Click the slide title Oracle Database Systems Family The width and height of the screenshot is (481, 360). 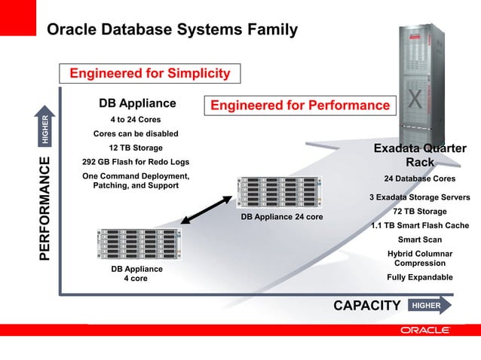pyautogui.click(x=172, y=30)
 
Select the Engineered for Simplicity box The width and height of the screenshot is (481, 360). pyautogui.click(x=149, y=73)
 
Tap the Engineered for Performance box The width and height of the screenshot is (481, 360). pyautogui.click(x=299, y=105)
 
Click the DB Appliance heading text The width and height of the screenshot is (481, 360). pyautogui.click(x=137, y=103)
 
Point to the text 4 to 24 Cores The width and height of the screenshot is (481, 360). pyautogui.click(x=136, y=120)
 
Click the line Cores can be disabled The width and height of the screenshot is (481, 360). pyautogui.click(x=136, y=134)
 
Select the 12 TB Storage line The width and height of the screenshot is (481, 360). pyautogui.click(x=136, y=148)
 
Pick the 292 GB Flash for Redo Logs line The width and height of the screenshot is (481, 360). pyautogui.click(x=136, y=162)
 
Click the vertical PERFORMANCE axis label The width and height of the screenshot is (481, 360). pyautogui.click(x=44, y=209)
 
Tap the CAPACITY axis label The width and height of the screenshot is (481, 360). pyautogui.click(x=366, y=305)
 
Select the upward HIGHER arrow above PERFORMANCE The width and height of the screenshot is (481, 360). pyautogui.click(x=44, y=128)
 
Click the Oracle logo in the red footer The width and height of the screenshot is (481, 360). pyautogui.click(x=425, y=330)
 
